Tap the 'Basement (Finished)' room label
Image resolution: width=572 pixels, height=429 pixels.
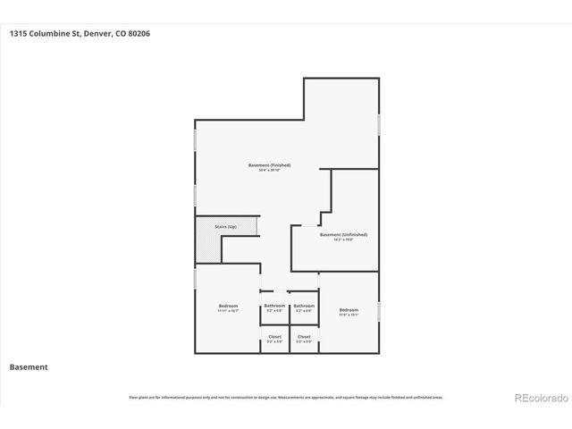coord(269,165)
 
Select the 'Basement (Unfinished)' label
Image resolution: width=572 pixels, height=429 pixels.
coord(343,234)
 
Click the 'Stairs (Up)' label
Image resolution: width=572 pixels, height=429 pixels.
coord(226,227)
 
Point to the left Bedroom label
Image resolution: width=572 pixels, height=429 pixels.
coord(228,307)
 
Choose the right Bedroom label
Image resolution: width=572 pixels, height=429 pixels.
coord(349,309)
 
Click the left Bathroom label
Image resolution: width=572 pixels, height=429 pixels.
coord(274,307)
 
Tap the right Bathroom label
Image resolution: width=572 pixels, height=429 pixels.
coord(304,307)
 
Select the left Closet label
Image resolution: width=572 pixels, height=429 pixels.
coord(274,337)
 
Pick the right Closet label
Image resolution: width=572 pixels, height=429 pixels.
coord(304,337)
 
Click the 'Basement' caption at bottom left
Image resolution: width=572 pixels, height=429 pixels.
coord(28,366)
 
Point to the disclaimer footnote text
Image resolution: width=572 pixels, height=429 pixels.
coord(285,397)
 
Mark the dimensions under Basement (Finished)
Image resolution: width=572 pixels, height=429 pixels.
coord(269,172)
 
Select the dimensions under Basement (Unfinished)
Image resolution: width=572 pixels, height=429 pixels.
coord(343,240)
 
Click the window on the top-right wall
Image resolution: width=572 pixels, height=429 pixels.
coord(379,124)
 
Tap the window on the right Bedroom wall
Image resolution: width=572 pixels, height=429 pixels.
coord(379,310)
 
